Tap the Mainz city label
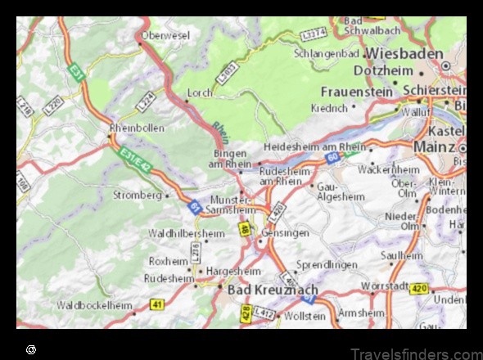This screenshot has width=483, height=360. click(x=434, y=146)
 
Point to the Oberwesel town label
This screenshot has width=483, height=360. click(x=165, y=36)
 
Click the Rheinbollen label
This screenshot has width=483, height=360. click(x=137, y=128)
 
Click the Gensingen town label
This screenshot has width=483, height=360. click(x=284, y=233)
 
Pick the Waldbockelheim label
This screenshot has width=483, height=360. click(x=94, y=305)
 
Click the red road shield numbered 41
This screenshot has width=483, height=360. click(x=156, y=304)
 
